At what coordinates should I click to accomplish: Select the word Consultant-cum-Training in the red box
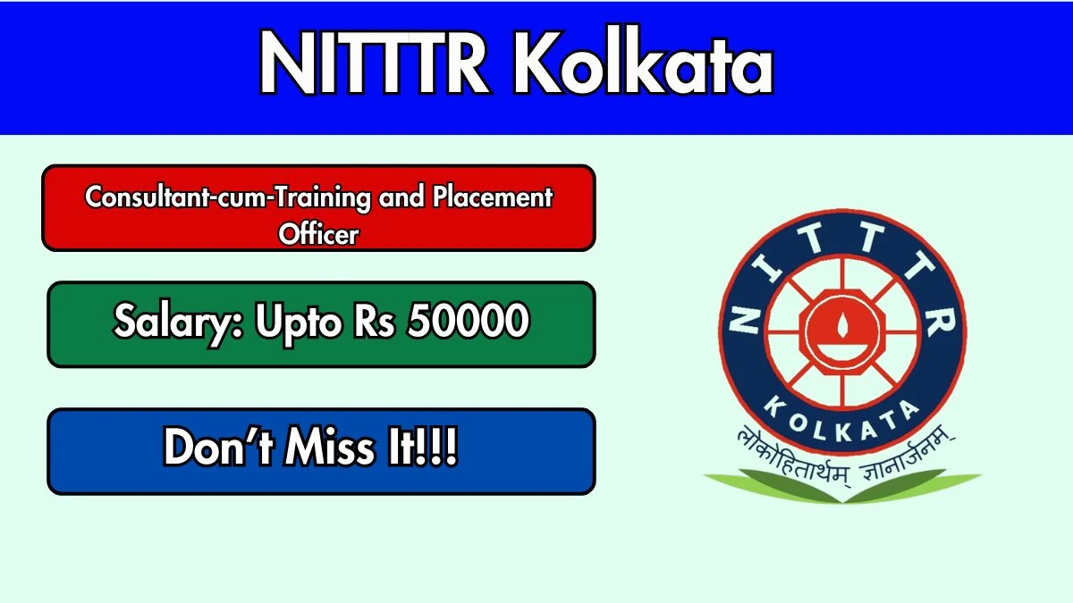click(x=227, y=197)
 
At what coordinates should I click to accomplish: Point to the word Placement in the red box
click(x=493, y=197)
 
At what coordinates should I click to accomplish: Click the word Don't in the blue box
click(x=218, y=449)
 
